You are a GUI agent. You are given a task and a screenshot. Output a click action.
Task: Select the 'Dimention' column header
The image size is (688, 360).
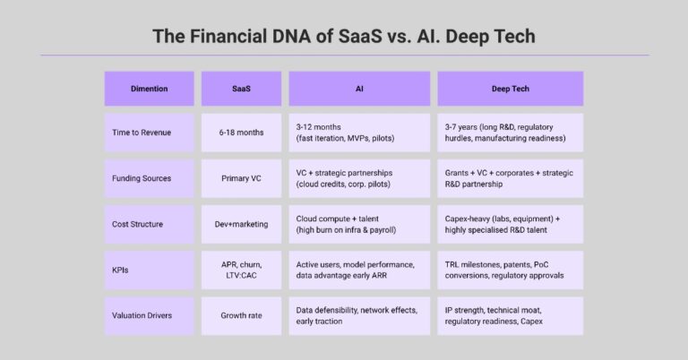tap(149, 89)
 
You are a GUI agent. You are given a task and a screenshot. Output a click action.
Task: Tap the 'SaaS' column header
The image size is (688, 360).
tap(241, 89)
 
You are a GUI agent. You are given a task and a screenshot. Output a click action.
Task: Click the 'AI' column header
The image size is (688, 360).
tap(359, 89)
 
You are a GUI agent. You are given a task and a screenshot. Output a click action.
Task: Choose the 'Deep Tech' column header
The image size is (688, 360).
tap(510, 89)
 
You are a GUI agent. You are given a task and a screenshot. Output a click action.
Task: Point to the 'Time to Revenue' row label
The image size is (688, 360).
tap(142, 132)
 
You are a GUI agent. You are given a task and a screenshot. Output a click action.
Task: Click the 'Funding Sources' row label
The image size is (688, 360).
tap(142, 178)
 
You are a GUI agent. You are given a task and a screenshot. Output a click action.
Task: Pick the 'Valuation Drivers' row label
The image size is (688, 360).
tap(143, 315)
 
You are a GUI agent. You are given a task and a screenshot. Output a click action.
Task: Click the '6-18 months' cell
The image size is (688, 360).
tap(241, 132)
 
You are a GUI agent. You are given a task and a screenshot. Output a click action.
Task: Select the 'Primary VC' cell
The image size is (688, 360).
tap(241, 178)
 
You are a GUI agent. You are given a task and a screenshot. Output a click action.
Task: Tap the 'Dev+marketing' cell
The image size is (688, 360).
tap(241, 224)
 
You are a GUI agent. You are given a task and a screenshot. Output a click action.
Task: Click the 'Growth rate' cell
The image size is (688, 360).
tap(241, 315)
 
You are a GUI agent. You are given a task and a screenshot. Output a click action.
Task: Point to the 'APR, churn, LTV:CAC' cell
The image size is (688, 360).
tap(241, 270)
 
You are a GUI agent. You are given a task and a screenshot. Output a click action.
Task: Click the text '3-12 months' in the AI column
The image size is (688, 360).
tap(322, 126)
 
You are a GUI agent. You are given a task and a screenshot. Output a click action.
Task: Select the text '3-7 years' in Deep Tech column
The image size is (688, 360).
tap(464, 126)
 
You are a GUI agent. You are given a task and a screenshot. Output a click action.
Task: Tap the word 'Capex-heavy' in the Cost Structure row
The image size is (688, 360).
tap(472, 218)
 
